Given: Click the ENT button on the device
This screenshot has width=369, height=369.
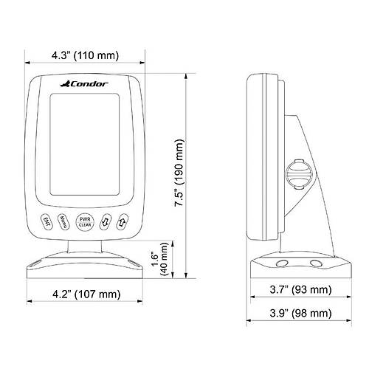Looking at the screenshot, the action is (46, 221).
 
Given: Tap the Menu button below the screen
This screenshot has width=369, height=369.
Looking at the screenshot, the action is (63, 221).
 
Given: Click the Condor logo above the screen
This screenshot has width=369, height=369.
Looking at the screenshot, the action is (84, 84).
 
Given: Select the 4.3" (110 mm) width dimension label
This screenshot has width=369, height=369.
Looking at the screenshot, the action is (85, 55).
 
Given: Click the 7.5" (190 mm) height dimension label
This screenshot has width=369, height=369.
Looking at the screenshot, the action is (179, 173).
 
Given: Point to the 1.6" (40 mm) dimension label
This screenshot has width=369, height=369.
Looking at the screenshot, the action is (160, 259).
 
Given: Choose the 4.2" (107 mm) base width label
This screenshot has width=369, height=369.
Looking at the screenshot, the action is (86, 294).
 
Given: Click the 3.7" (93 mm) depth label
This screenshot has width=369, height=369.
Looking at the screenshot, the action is (300, 289).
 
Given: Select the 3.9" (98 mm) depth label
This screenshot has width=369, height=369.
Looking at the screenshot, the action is (300, 313).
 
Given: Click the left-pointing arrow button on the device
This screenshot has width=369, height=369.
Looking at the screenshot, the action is (106, 222).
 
